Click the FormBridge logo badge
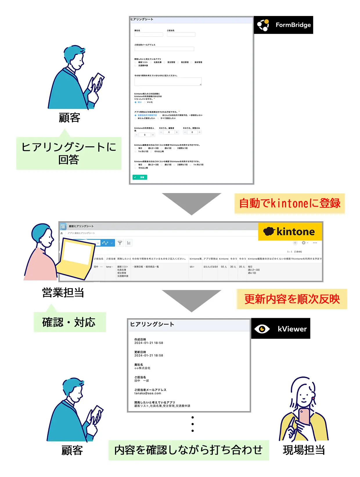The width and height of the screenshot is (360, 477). pyautogui.click(x=283, y=25)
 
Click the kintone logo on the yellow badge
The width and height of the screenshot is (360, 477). pyautogui.click(x=289, y=231)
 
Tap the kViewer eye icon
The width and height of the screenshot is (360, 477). pyautogui.click(x=262, y=329)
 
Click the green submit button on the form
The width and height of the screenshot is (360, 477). pyautogui.click(x=140, y=177)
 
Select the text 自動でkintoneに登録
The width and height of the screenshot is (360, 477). pyautogui.click(x=289, y=203)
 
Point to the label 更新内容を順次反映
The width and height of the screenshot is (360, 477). pyautogui.click(x=292, y=299)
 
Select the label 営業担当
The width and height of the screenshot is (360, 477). pyautogui.click(x=63, y=293)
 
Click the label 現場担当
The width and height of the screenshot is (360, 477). pyautogui.click(x=304, y=450)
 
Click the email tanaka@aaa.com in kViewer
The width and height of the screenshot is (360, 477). pyautogui.click(x=147, y=393)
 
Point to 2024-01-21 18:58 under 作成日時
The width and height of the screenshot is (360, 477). pyautogui.click(x=149, y=343)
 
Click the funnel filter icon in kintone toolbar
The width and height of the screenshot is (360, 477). pyautogui.click(x=120, y=243)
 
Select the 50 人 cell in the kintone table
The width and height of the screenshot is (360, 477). pyautogui.click(x=224, y=267)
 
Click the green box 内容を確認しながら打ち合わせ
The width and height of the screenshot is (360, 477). pyautogui.click(x=188, y=450)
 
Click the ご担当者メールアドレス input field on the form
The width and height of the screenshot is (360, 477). pyautogui.click(x=164, y=49)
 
